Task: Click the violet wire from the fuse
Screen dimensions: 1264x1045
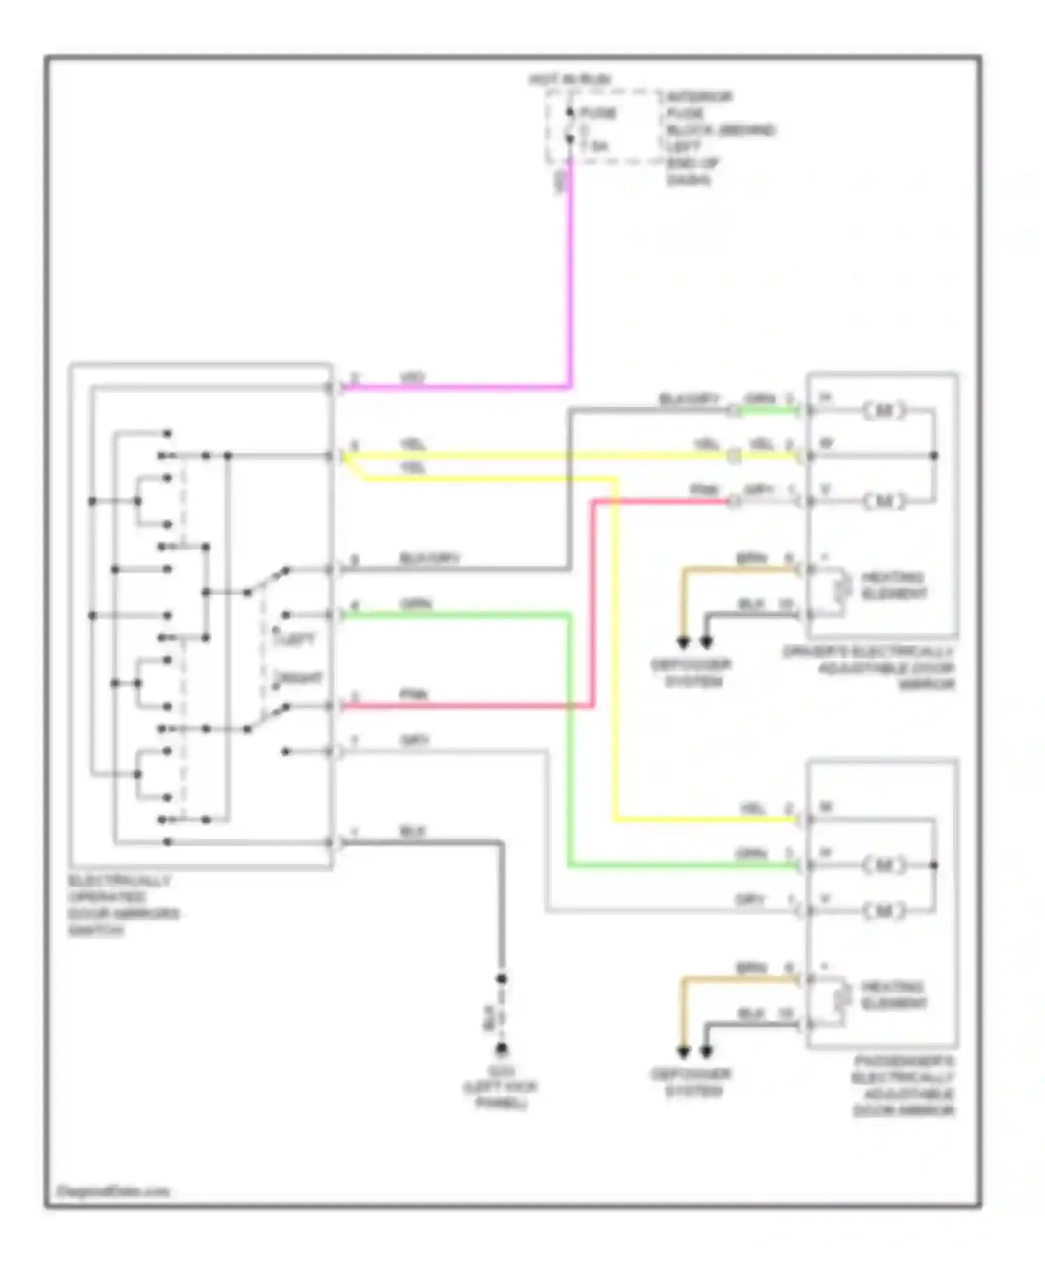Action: coord(571,279)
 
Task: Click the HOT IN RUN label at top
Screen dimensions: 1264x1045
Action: coord(569,79)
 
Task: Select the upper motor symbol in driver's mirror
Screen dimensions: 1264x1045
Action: coord(884,410)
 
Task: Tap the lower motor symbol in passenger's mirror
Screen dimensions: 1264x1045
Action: coord(884,911)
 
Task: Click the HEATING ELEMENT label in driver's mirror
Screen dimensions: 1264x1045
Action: coord(894,586)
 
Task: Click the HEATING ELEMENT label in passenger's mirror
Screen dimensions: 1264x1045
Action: coord(894,995)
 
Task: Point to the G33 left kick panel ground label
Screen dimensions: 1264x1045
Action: coord(501,1088)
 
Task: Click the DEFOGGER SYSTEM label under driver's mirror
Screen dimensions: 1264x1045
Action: coord(691,673)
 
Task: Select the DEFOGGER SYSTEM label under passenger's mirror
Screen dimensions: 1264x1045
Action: coord(691,1082)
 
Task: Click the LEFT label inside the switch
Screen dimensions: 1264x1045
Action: coord(298,639)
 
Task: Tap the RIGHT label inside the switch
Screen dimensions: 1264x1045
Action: coord(301,678)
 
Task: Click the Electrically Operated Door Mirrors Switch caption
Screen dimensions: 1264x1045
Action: coord(123,905)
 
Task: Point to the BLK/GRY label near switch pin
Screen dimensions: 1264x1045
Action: coord(429,559)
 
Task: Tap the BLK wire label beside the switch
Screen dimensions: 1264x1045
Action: coord(412,832)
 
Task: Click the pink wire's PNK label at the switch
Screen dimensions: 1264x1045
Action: coord(413,695)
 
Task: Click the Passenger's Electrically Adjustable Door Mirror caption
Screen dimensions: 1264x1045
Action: coord(903,1086)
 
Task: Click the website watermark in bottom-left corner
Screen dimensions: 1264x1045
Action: coord(113,1192)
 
